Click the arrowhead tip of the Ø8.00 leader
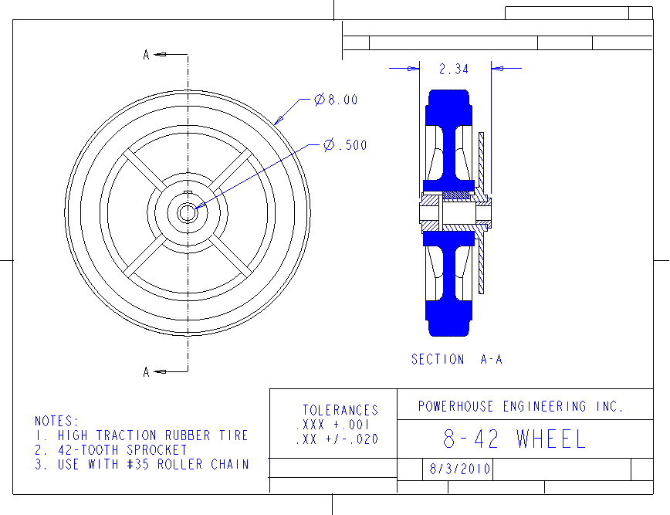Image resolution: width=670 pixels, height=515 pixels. [x=274, y=124]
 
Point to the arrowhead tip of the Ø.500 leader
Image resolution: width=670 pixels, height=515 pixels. [x=195, y=208]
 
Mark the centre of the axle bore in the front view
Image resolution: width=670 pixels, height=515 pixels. [x=187, y=212]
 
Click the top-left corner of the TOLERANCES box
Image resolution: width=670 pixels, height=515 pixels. [x=270, y=389]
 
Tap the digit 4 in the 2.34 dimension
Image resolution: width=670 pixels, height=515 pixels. [x=465, y=69]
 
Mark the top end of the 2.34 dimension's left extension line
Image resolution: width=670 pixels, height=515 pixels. [x=420, y=61]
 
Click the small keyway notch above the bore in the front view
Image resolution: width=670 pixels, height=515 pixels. [x=187, y=192]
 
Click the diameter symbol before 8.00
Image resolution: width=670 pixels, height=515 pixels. [x=320, y=100]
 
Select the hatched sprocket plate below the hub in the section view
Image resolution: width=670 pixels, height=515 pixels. [x=481, y=262]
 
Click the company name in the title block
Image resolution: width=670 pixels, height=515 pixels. [x=521, y=406]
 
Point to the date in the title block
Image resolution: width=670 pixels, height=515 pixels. [x=460, y=469]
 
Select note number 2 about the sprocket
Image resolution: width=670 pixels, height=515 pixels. [x=111, y=450]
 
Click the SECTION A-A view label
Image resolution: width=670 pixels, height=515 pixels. [x=457, y=360]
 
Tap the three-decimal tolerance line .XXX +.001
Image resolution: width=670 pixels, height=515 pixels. [x=333, y=425]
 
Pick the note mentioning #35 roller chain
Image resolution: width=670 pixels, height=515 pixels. [x=142, y=465]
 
